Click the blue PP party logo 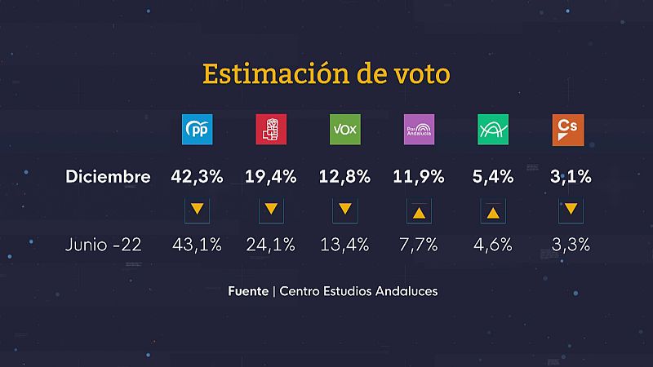pyautogui.click(x=196, y=130)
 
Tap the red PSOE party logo pyautogui.click(x=270, y=130)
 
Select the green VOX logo pyautogui.click(x=344, y=130)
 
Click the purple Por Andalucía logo pyautogui.click(x=419, y=130)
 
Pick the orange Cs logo pyautogui.click(x=568, y=130)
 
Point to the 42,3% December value pyautogui.click(x=196, y=176)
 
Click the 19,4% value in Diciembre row pyautogui.click(x=270, y=176)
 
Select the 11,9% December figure pyautogui.click(x=419, y=176)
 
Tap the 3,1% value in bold pyautogui.click(x=568, y=176)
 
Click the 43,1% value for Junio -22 pyautogui.click(x=196, y=245)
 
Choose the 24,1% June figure pyautogui.click(x=270, y=245)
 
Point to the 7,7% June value pyautogui.click(x=419, y=245)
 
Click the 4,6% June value pyautogui.click(x=493, y=245)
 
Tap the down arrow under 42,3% pyautogui.click(x=196, y=210)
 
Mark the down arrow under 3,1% pyautogui.click(x=568, y=210)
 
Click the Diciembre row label pyautogui.click(x=109, y=177)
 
